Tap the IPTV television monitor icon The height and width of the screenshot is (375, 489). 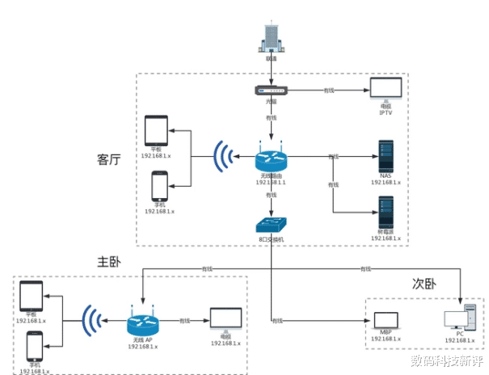click(x=386, y=89)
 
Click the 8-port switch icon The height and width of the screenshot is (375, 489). click(x=272, y=225)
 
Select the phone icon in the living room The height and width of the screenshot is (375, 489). click(x=159, y=187)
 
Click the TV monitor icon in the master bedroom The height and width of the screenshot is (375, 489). click(x=226, y=319)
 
